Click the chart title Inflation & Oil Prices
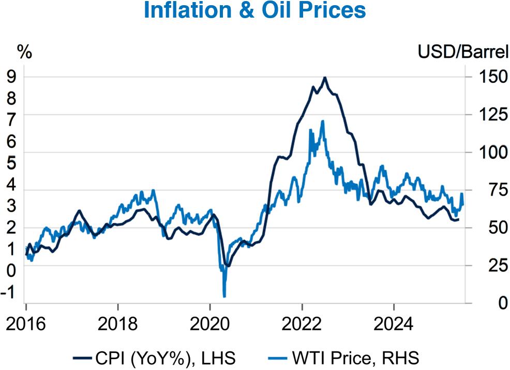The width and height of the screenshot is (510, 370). pos(254,11)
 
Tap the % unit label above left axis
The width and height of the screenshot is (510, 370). pos(24,52)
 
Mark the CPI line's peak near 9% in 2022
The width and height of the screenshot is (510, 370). pos(324,78)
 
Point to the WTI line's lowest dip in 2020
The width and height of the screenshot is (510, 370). pos(224,296)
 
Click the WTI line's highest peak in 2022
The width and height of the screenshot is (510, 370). pos(323,121)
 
